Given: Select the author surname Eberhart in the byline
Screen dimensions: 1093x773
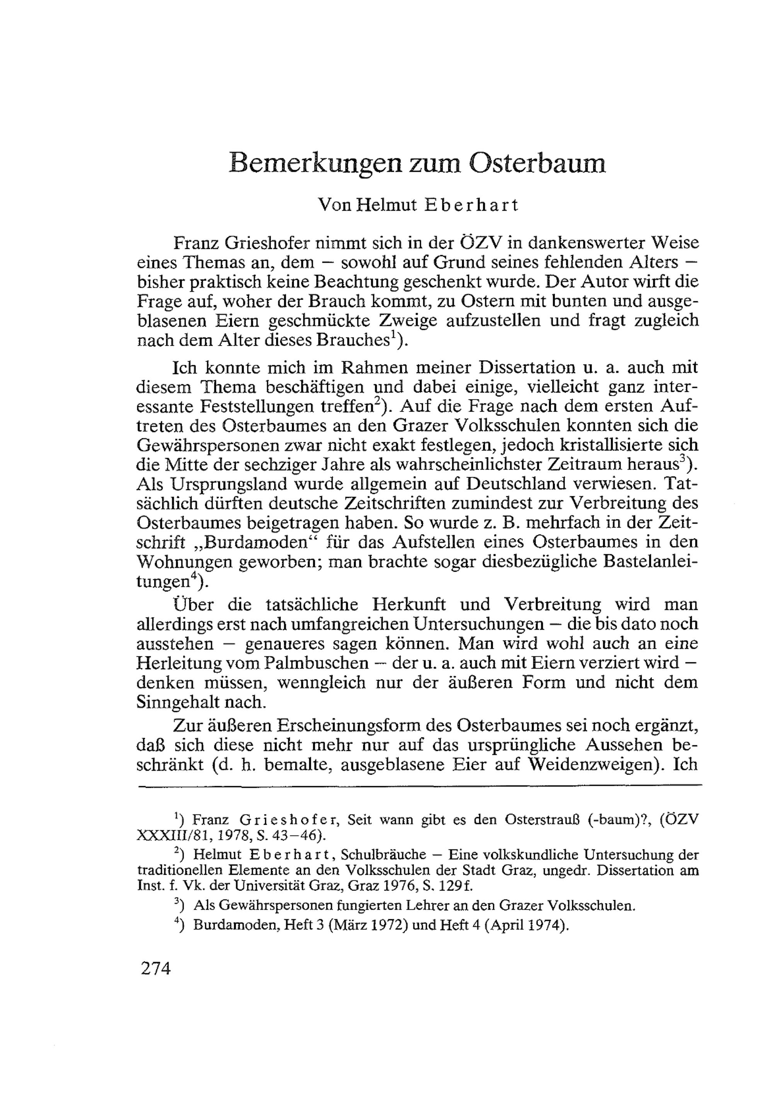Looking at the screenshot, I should pyautogui.click(x=471, y=205).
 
